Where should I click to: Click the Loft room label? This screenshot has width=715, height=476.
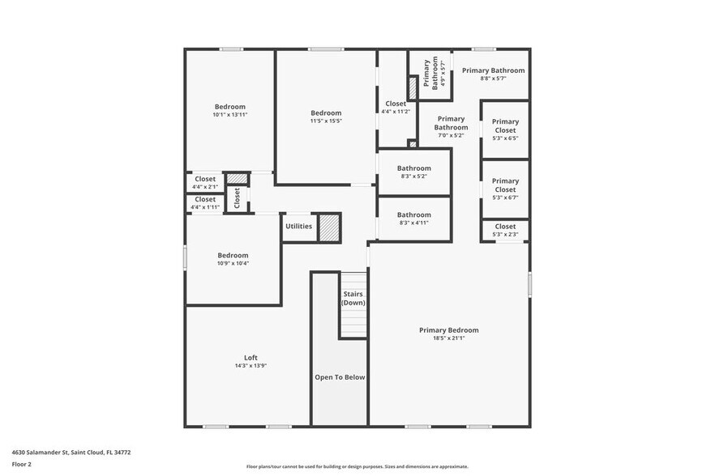(250, 358)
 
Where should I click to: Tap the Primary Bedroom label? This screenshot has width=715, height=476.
(448, 330)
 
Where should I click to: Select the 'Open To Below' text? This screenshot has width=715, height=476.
(340, 377)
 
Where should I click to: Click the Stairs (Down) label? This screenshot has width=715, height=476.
(353, 298)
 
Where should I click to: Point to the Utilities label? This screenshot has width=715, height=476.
(298, 226)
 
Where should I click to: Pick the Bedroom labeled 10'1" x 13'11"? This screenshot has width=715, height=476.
(229, 110)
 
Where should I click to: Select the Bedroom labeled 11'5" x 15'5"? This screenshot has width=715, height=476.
(326, 117)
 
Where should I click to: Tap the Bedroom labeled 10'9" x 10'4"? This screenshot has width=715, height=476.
(233, 259)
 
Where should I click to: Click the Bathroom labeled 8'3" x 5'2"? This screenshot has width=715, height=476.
(413, 172)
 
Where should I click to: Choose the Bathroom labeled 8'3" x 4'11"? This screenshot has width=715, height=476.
(413, 219)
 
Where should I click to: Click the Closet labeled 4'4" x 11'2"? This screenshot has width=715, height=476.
(396, 107)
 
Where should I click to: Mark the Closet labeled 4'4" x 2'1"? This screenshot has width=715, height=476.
(205, 182)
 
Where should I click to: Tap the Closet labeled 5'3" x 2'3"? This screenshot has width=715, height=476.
(505, 231)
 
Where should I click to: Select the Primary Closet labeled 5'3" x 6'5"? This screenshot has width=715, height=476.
(505, 130)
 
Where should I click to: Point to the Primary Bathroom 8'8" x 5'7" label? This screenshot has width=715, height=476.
(493, 74)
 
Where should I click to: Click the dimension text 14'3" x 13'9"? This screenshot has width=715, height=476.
(250, 366)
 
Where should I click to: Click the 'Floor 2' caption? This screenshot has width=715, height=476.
(22, 465)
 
